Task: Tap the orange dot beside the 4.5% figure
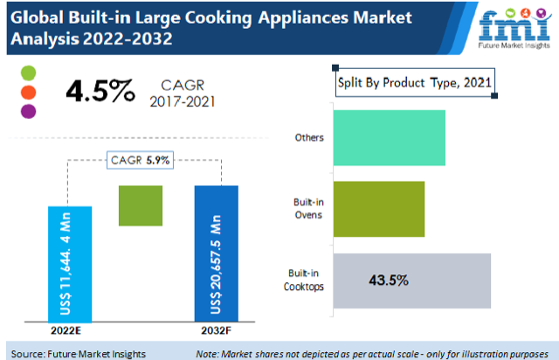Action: [28, 91]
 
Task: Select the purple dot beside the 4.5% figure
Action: [28, 110]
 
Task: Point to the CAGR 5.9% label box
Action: [140, 160]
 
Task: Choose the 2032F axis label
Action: [217, 330]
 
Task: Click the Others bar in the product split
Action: [390, 138]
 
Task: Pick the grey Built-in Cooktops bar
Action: [412, 280]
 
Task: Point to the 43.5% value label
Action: [389, 280]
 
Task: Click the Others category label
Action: [310, 138]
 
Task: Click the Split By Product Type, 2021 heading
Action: [416, 83]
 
